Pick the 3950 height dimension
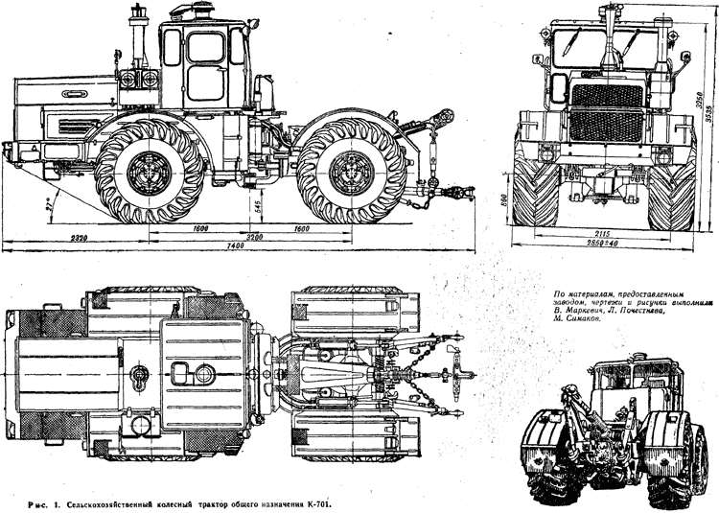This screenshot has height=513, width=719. click(701, 100)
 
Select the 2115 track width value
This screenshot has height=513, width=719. click(604, 232)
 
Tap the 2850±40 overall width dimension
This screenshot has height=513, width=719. click(605, 245)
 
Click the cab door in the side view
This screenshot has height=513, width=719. click(205, 67)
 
